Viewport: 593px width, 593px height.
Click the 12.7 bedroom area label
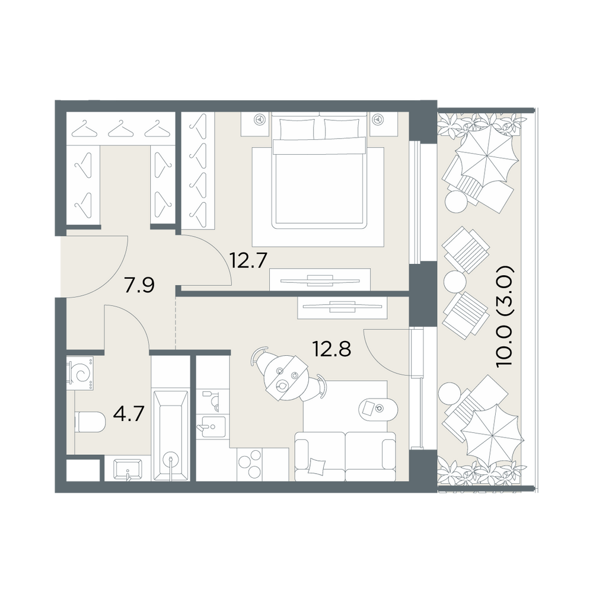(x=249, y=260)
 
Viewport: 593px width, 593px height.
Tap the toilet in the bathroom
(x=90, y=422)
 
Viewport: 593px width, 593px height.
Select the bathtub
(x=171, y=436)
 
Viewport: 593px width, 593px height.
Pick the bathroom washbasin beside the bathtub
(x=127, y=469)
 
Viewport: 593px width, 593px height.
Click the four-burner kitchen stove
(x=250, y=464)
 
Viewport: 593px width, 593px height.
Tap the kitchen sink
(x=213, y=426)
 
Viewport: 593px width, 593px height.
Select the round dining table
(x=286, y=378)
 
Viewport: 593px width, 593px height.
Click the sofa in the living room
(x=345, y=457)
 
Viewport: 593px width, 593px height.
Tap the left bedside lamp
(x=260, y=119)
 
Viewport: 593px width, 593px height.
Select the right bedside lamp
(x=377, y=119)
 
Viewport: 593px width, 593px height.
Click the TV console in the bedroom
(x=320, y=279)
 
